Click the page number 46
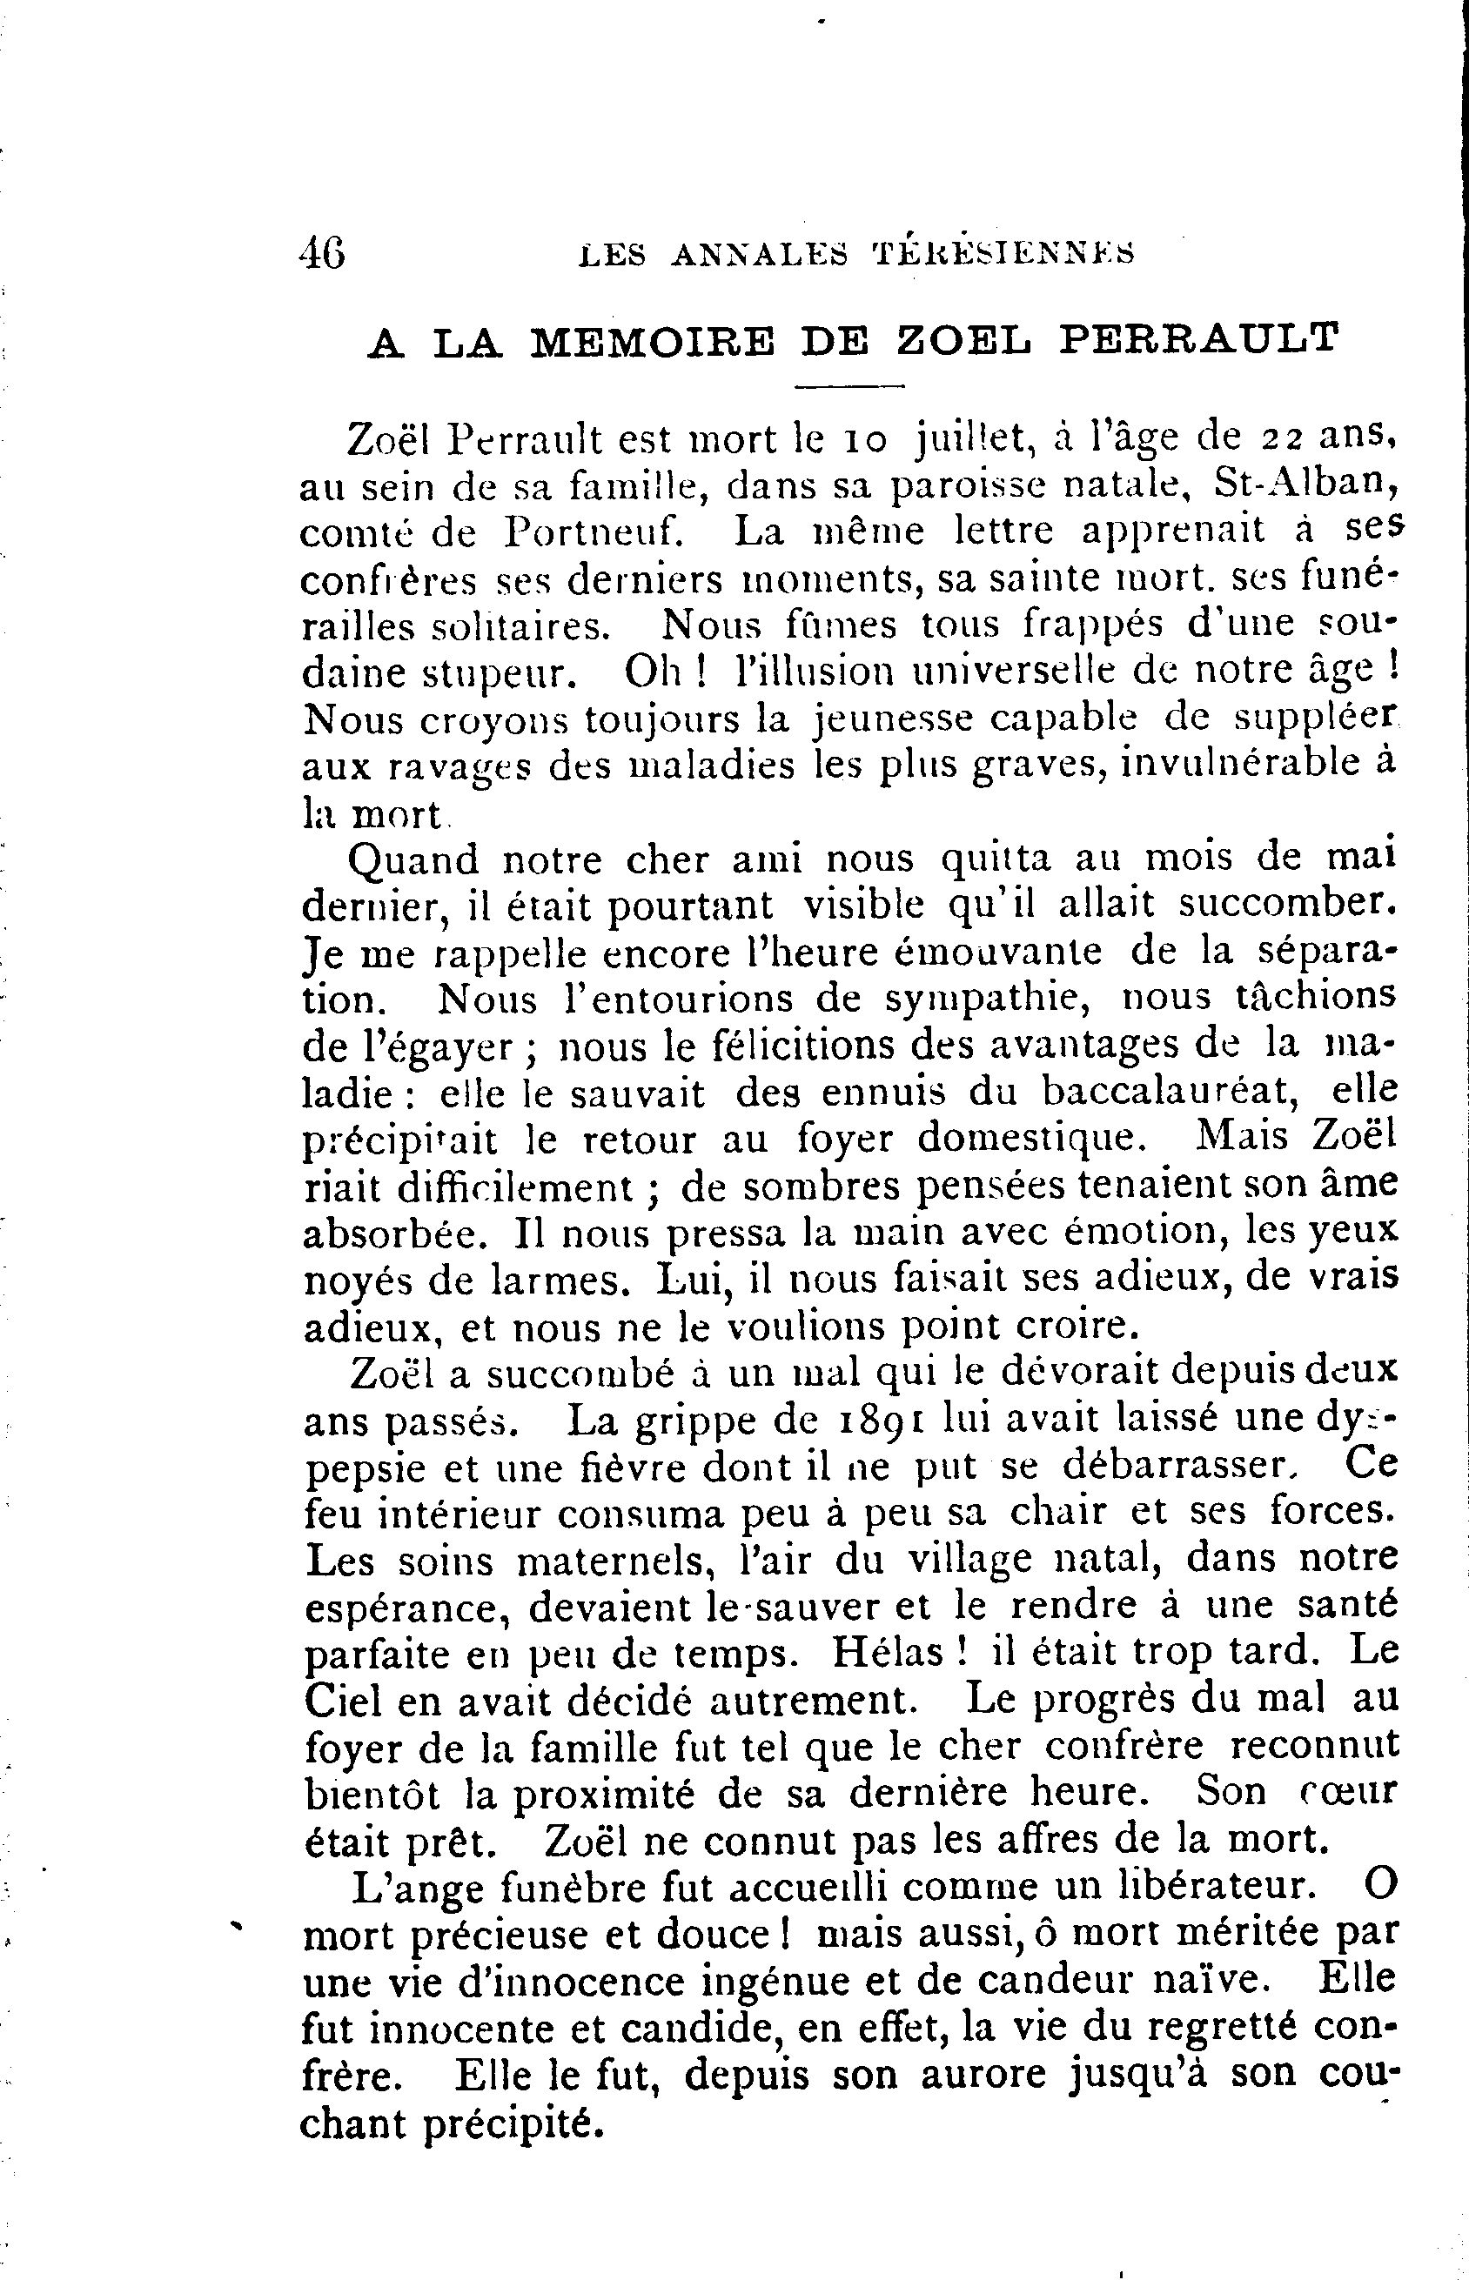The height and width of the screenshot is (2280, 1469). (321, 255)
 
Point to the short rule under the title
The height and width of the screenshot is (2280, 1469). (849, 386)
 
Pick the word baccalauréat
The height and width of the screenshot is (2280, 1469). (1171, 1090)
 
